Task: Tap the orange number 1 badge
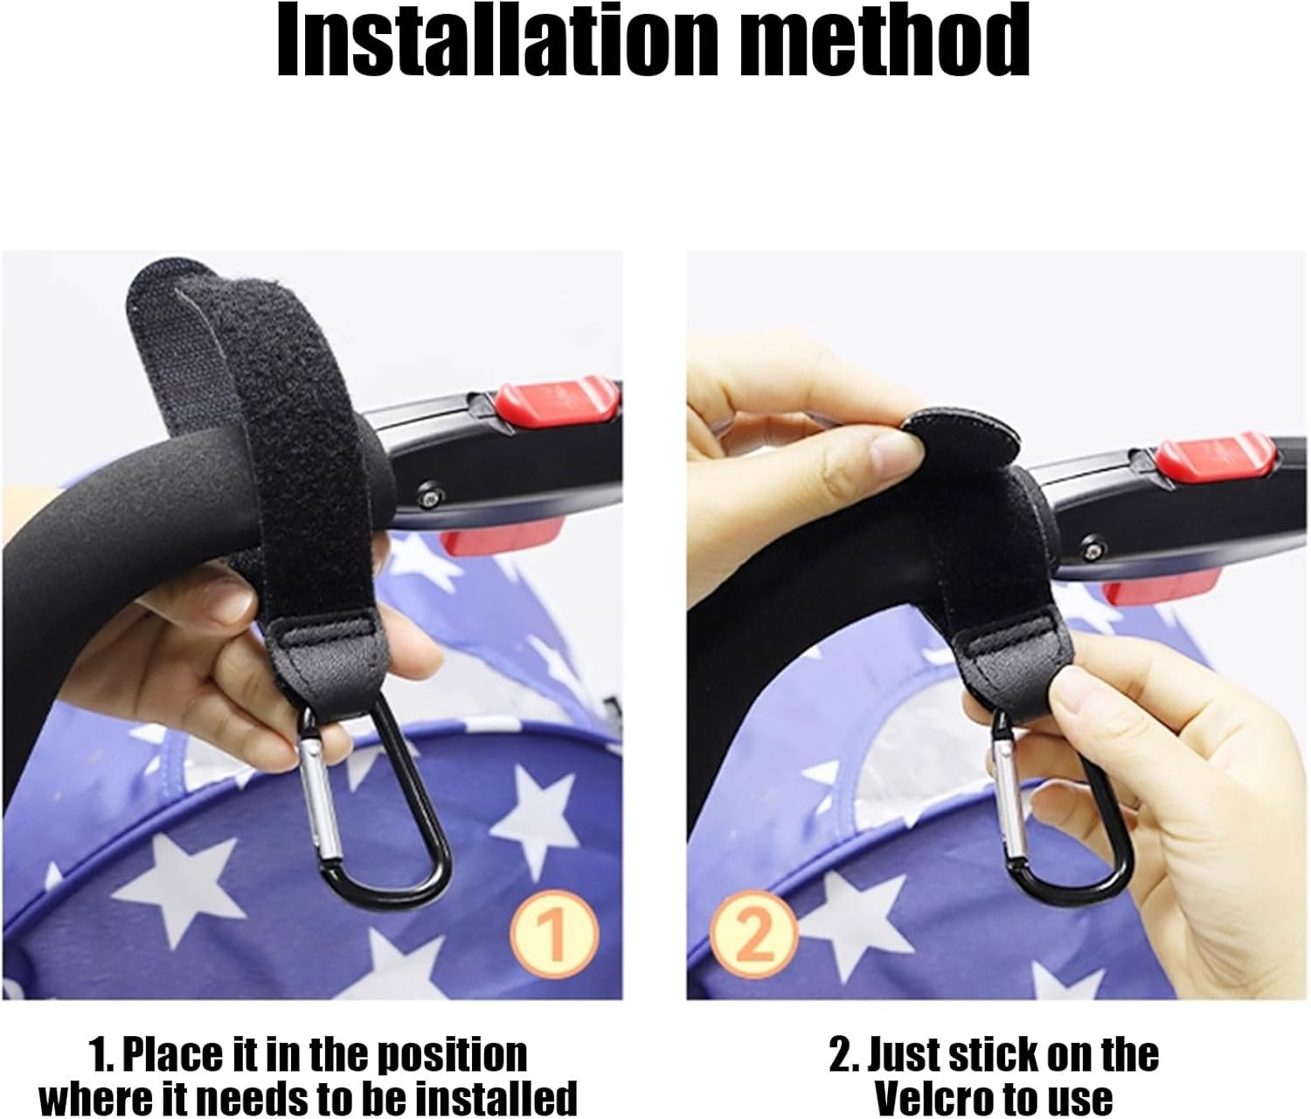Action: tap(554, 934)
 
